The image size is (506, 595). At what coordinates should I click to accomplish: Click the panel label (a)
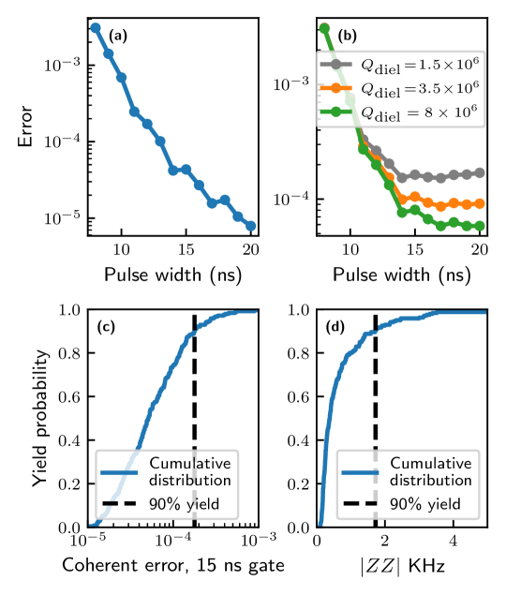coord(117,36)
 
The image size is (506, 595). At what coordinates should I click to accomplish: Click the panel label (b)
coord(347,36)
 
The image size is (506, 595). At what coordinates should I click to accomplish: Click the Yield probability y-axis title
coord(38,418)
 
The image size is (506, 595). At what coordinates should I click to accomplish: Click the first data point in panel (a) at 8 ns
coord(96,27)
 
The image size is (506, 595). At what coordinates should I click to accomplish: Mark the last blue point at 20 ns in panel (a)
coord(250,226)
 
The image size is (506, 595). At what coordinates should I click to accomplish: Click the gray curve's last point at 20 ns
coord(480,172)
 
